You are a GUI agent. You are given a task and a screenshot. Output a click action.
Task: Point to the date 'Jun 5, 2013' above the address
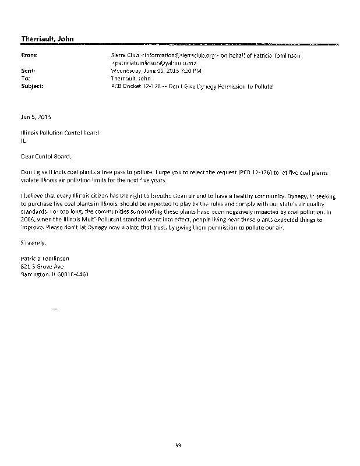pyautogui.click(x=35, y=116)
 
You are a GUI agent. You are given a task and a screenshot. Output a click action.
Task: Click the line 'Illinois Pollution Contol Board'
pyautogui.click(x=60, y=132)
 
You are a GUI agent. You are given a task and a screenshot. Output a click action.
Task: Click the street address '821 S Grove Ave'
pyautogui.click(x=42, y=265)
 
